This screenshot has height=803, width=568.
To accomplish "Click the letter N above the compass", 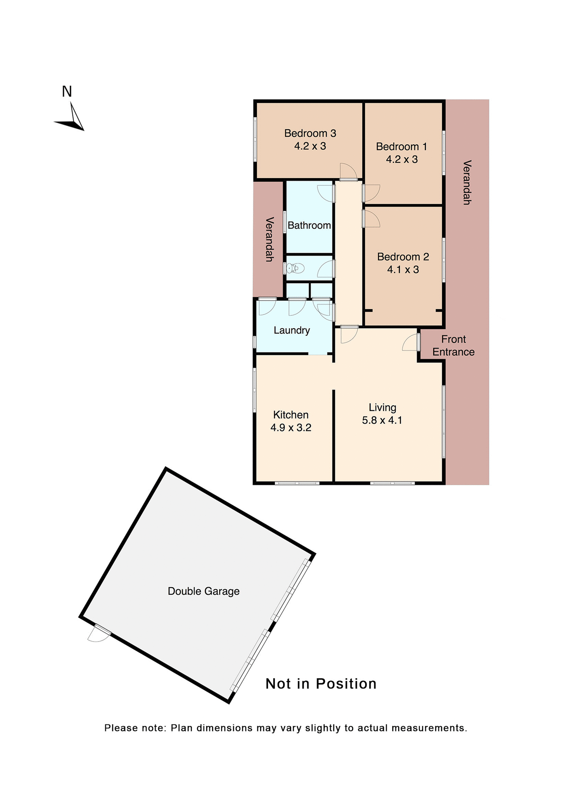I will [x=67, y=91].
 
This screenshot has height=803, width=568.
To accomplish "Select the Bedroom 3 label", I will [x=310, y=133].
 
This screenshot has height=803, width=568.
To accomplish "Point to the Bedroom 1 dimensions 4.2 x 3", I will [x=402, y=159].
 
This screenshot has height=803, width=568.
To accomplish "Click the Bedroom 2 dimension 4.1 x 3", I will [x=403, y=270].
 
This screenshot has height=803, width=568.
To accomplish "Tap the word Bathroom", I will [x=309, y=225].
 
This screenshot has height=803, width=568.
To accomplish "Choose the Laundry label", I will [x=292, y=330].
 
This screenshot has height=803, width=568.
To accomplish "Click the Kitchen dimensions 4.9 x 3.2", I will [x=291, y=428].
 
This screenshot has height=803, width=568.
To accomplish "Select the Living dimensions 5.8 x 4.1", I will [x=382, y=420].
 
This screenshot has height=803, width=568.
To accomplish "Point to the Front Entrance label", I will [x=453, y=345].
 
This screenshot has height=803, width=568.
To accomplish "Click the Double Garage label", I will [x=203, y=591].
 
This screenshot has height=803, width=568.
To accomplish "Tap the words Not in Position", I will [x=321, y=684].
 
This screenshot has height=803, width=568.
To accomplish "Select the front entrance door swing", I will [x=411, y=342].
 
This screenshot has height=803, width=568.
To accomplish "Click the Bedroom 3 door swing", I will [x=348, y=171].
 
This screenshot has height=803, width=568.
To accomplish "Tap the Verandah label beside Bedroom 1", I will [x=467, y=182].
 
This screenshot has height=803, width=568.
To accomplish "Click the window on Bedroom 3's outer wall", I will [x=255, y=139].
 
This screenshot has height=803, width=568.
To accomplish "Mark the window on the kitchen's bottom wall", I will [x=297, y=483].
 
